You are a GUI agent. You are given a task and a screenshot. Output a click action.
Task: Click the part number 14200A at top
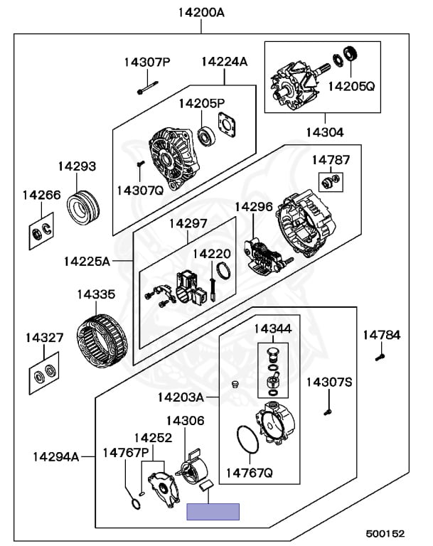[x=201, y=13]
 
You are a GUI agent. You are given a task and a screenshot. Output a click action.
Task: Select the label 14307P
[x=148, y=62]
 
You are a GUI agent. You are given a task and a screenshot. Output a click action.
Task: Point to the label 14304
[x=325, y=132]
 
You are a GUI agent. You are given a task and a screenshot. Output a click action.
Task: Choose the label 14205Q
[x=351, y=87]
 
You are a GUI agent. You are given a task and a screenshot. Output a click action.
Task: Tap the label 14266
[x=41, y=195]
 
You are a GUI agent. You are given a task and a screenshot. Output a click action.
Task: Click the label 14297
[x=188, y=223]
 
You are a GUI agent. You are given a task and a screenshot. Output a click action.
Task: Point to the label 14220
[x=212, y=253]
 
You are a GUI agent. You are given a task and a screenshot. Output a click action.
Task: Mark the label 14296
[x=254, y=207]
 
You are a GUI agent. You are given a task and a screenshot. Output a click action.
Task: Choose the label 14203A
[x=181, y=396]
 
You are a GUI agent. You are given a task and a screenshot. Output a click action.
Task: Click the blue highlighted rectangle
[x=213, y=511]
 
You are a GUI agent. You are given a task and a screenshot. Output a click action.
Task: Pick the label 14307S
[x=329, y=382]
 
